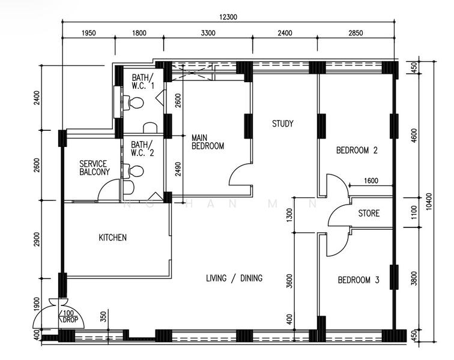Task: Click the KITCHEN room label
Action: [x=113, y=238]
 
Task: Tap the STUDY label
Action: [x=283, y=124]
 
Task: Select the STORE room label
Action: [x=369, y=213]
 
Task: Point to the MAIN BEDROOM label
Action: [x=208, y=142]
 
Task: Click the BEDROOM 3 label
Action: [x=359, y=280]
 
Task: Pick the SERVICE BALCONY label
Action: [x=95, y=168]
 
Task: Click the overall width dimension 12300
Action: [x=228, y=17]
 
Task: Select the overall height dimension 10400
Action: [x=429, y=202]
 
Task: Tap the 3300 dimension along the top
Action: [x=208, y=33]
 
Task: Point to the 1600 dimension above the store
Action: [x=371, y=181]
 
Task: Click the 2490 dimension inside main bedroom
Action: [x=178, y=169]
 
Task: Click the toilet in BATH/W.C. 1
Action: [x=134, y=103]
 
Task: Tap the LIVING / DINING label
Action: [x=234, y=278]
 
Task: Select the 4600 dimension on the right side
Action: [x=414, y=135]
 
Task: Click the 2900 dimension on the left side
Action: [x=37, y=239]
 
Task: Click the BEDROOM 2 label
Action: [x=357, y=151]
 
